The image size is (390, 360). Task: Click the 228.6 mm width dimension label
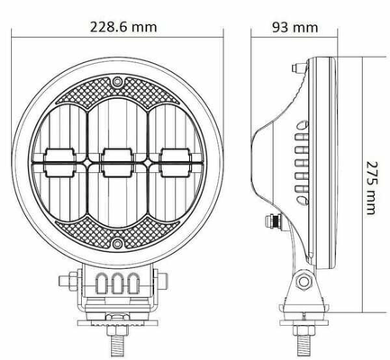click(x=123, y=27)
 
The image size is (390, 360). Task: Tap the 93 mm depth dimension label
click(x=295, y=27)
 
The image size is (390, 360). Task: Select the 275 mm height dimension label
click(x=371, y=188)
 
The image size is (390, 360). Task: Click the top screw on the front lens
click(x=117, y=81)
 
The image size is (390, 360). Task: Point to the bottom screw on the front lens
click(x=117, y=243)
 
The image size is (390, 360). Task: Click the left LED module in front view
click(x=59, y=162)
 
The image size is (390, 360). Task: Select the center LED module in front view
click(x=117, y=162)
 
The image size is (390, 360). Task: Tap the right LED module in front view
click(x=175, y=162)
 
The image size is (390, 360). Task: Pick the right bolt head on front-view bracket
click(x=162, y=281)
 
